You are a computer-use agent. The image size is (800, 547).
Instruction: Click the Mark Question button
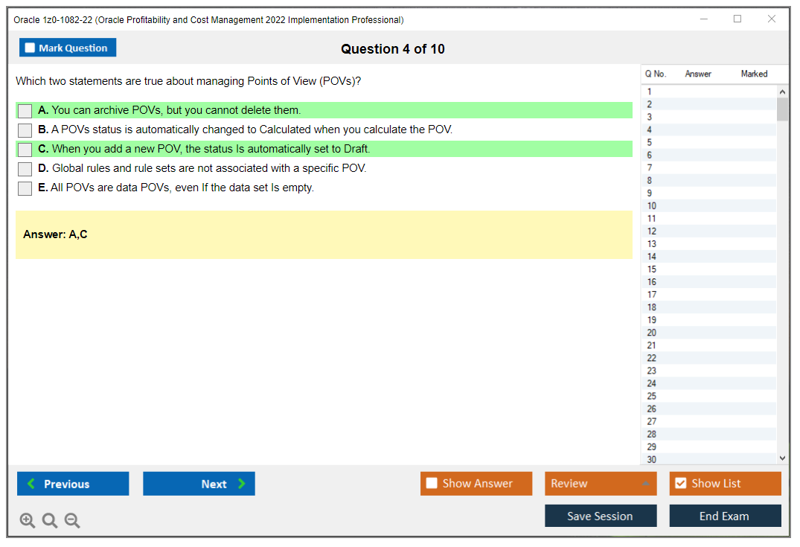tap(68, 48)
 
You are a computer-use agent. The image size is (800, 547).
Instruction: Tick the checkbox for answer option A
tap(25, 111)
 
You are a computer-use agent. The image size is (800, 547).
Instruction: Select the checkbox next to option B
tap(25, 130)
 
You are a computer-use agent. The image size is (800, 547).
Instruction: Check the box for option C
tap(25, 150)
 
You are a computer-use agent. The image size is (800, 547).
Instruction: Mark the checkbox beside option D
tap(25, 169)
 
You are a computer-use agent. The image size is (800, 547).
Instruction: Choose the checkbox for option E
tap(25, 188)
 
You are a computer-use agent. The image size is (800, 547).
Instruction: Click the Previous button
tap(73, 484)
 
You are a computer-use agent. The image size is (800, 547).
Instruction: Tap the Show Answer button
tap(476, 484)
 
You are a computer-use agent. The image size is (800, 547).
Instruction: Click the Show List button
tap(725, 484)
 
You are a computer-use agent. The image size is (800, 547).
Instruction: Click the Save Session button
tap(601, 516)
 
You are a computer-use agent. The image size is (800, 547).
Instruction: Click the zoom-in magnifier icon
tap(28, 521)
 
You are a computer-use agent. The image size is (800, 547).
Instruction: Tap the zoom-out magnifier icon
tap(72, 521)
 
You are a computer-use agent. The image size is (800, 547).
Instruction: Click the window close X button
tap(772, 19)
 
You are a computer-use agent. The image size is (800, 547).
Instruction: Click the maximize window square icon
tap(737, 19)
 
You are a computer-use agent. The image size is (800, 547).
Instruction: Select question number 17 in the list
tap(652, 295)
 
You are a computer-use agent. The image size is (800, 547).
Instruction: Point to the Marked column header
tap(754, 74)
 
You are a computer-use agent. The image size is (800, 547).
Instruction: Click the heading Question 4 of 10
tap(393, 49)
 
